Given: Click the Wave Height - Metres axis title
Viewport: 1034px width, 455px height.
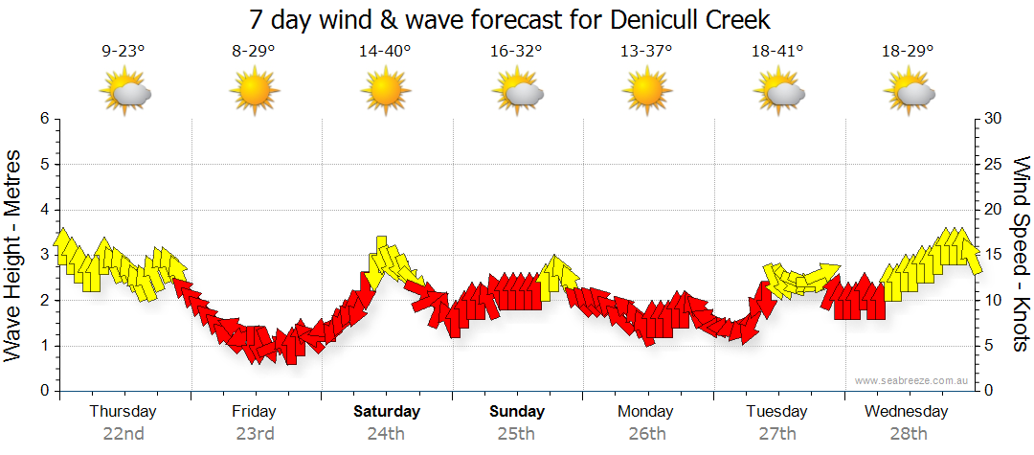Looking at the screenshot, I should pyautogui.click(x=14, y=255).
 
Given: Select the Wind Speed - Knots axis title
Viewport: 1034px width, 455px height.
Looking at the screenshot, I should pyautogui.click(x=1021, y=255).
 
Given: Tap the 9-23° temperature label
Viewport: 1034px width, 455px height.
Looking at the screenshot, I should pyautogui.click(x=124, y=51).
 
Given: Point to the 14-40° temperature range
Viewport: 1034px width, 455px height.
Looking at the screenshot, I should pyautogui.click(x=385, y=51).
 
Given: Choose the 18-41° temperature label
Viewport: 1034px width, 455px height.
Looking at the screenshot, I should pyautogui.click(x=777, y=51).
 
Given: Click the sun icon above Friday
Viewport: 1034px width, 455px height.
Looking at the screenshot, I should pyautogui.click(x=254, y=93).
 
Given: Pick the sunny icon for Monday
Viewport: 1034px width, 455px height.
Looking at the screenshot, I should pyautogui.click(x=646, y=93).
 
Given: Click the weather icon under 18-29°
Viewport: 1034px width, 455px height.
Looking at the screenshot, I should pyautogui.click(x=909, y=93).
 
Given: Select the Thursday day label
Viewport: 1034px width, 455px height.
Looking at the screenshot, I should pyautogui.click(x=123, y=412).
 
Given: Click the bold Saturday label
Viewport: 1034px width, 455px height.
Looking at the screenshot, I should pyautogui.click(x=386, y=412).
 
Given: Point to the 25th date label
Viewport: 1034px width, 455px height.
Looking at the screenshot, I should pyautogui.click(x=516, y=433).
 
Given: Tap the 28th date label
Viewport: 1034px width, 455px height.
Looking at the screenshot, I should pyautogui.click(x=908, y=433).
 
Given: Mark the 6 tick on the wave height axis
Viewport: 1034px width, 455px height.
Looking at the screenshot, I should pyautogui.click(x=43, y=119).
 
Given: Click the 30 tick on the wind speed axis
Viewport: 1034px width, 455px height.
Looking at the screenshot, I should pyautogui.click(x=993, y=119).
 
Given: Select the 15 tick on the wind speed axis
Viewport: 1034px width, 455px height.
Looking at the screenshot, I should pyautogui.click(x=993, y=255).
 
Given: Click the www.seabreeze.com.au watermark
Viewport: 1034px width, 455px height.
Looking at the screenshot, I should pyautogui.click(x=912, y=381).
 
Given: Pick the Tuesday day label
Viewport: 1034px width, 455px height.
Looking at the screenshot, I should pyautogui.click(x=776, y=412).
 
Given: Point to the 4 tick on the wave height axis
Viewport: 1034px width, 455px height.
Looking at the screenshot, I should pyautogui.click(x=43, y=210).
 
